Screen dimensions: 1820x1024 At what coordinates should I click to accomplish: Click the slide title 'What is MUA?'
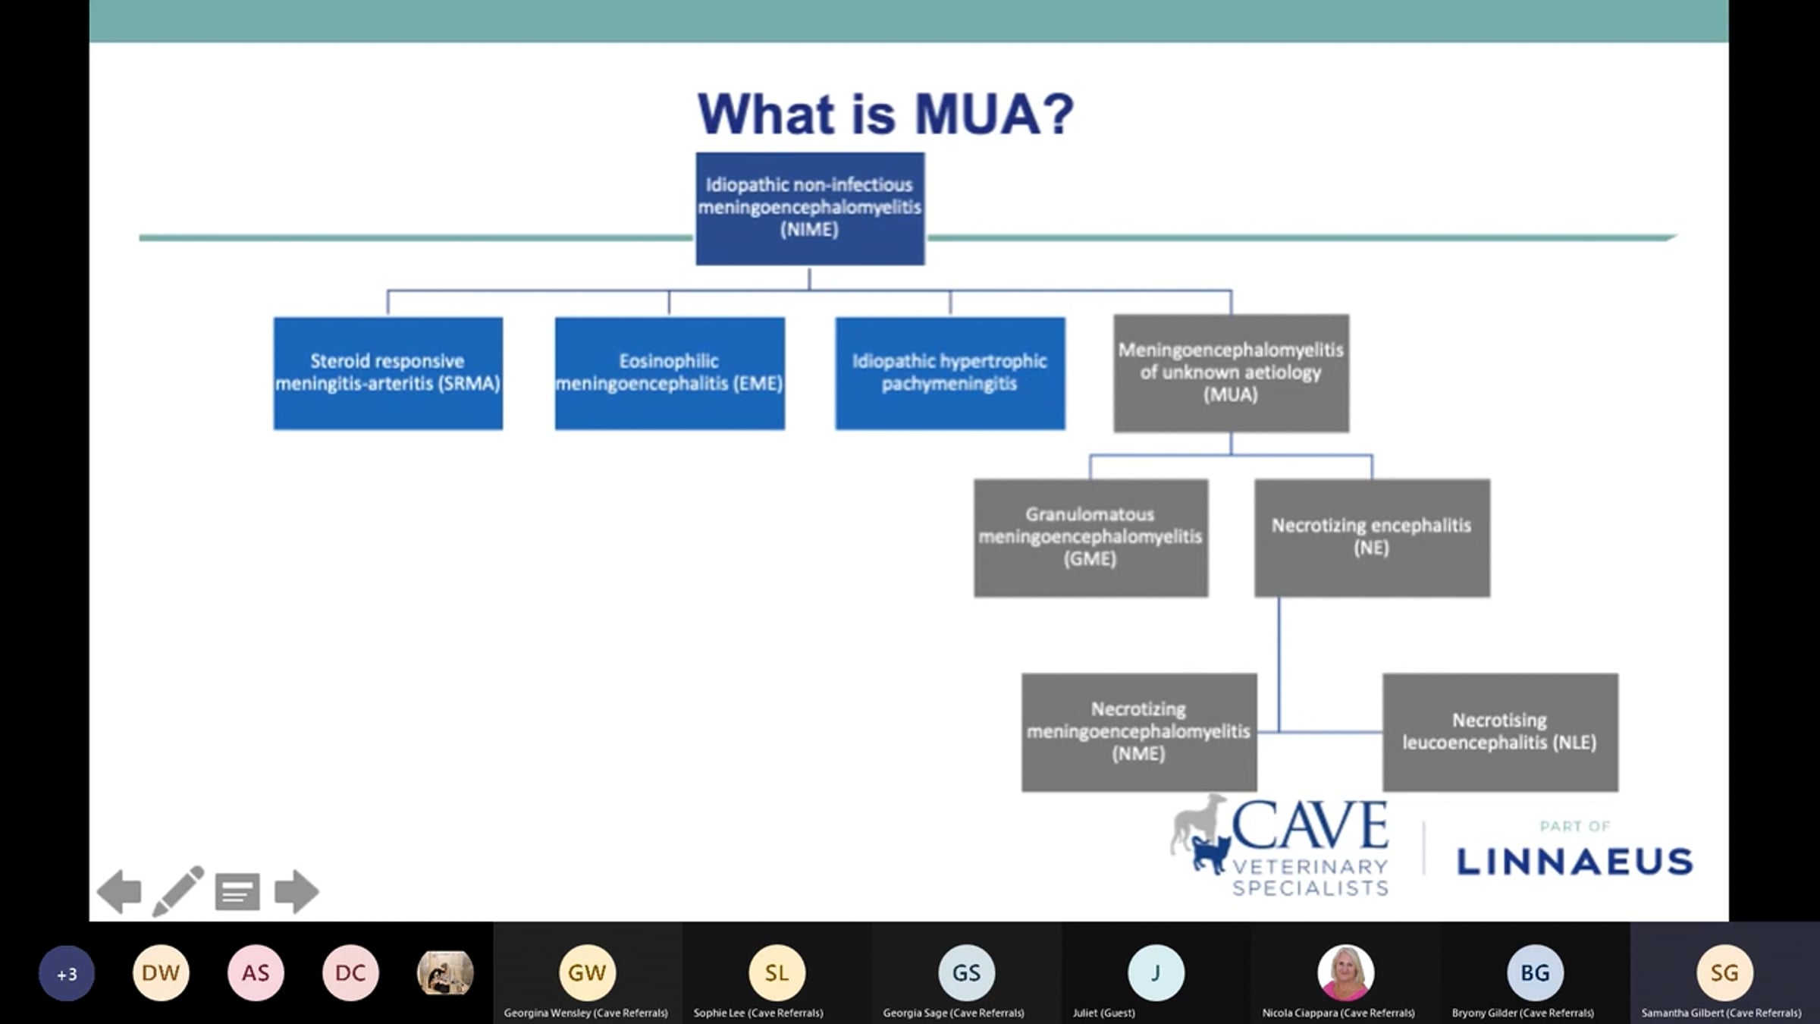click(886, 114)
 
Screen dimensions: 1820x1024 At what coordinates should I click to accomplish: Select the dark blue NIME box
click(810, 209)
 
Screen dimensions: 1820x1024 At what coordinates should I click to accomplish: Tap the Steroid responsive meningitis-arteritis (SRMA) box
click(388, 373)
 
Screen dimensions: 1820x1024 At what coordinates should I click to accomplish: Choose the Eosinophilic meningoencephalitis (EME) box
click(670, 373)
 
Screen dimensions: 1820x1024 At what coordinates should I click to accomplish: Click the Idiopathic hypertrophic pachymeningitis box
click(950, 373)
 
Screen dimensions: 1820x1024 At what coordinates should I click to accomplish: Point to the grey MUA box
click(1231, 373)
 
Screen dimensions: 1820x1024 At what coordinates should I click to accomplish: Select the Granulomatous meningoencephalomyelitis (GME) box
click(1090, 538)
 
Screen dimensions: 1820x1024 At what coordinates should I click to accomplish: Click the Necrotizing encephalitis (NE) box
click(1372, 538)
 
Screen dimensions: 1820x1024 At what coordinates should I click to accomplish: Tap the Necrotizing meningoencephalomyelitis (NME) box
click(1139, 732)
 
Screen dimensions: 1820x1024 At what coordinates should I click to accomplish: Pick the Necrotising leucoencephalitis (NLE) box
click(1500, 732)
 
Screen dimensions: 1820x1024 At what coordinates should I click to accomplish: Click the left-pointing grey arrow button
click(120, 891)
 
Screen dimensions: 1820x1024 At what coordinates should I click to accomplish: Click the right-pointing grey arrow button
click(297, 891)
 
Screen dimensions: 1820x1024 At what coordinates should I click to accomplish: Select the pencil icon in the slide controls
click(178, 891)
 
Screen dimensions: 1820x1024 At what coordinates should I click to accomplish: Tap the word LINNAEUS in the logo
click(1575, 862)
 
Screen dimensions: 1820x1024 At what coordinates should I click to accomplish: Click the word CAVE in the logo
click(1310, 825)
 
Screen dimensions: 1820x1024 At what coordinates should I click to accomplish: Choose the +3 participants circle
click(67, 973)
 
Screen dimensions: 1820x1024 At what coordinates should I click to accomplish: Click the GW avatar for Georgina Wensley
click(587, 972)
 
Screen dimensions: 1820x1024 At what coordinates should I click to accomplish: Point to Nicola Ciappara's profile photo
click(1345, 972)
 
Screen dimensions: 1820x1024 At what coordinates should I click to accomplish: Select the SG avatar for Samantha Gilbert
click(1724, 972)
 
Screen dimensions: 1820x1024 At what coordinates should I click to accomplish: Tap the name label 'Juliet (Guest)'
click(1103, 1013)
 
